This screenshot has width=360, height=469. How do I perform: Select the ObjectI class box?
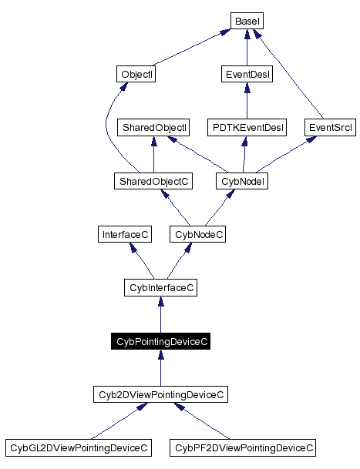pyautogui.click(x=137, y=75)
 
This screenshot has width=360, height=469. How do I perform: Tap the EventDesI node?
pyautogui.click(x=246, y=75)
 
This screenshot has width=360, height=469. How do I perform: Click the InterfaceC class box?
pyautogui.click(x=125, y=233)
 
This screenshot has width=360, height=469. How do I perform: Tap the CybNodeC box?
pyautogui.click(x=198, y=233)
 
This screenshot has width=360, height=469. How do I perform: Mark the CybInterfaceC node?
pyautogui.click(x=160, y=287)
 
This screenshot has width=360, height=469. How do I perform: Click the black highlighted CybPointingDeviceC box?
pyautogui.click(x=160, y=340)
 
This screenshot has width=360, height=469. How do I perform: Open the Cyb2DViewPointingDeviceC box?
pyautogui.click(x=160, y=394)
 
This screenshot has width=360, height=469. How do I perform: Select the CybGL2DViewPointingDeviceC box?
pyautogui.click(x=78, y=447)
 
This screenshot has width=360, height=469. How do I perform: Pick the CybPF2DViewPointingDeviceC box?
pyautogui.click(x=244, y=447)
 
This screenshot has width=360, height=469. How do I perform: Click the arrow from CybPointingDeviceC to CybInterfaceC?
pyautogui.click(x=160, y=316)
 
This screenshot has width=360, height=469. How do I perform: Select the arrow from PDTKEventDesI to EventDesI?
pyautogui.click(x=246, y=101)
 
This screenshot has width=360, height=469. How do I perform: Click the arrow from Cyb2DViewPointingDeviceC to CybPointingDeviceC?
pyautogui.click(x=160, y=368)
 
